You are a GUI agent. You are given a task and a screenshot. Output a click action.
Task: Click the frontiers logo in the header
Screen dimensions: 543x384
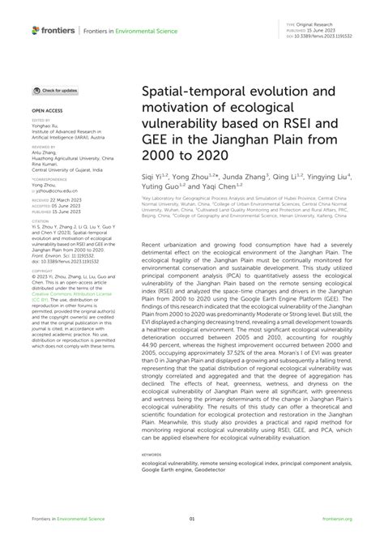(x=53, y=31)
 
